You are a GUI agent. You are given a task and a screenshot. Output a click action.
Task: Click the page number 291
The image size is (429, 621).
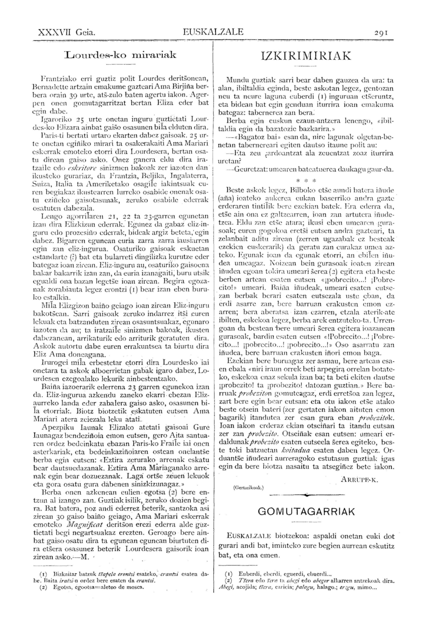[x=380, y=32]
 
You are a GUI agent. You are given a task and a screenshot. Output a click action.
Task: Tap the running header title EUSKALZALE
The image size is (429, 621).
[x=213, y=32]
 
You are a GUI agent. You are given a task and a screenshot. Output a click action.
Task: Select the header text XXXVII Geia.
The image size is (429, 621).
[x=67, y=32]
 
